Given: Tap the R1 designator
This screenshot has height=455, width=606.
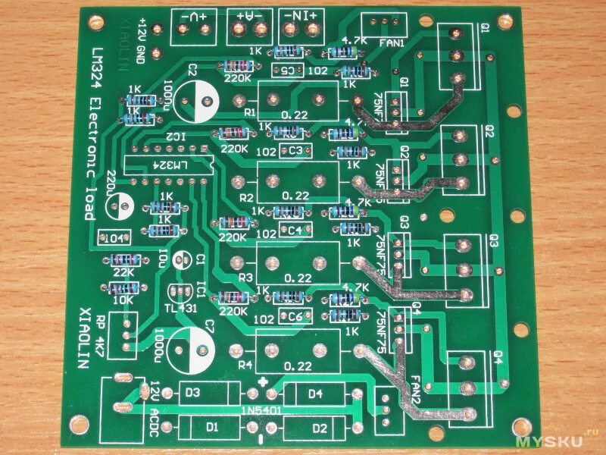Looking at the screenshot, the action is [x=249, y=111].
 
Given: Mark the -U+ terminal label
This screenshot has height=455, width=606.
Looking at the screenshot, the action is [x=193, y=14].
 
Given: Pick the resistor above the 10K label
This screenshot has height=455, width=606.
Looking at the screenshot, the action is [x=124, y=287].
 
